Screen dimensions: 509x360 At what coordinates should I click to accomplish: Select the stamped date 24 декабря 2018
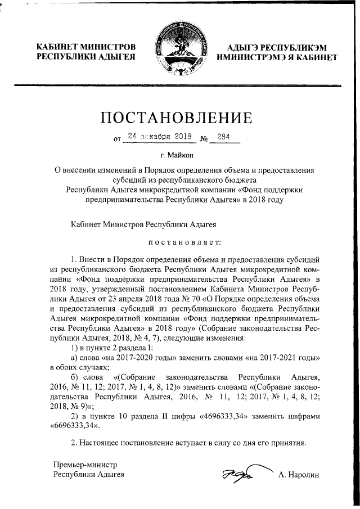click(x=160, y=136)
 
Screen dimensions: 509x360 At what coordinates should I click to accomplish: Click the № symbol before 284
click(x=204, y=137)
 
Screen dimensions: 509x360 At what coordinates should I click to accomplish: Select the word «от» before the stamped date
click(x=117, y=138)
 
